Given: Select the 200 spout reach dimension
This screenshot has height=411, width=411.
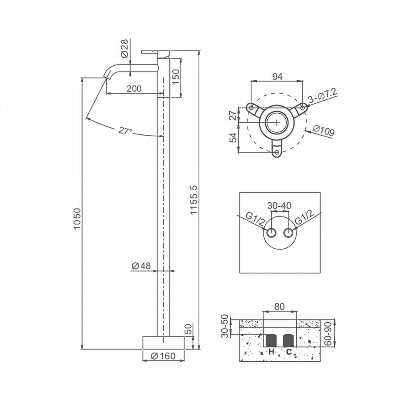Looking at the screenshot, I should (x=134, y=88).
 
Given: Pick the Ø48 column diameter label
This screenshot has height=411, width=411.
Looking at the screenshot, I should (x=141, y=266).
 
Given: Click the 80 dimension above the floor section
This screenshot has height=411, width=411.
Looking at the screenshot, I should (x=279, y=307).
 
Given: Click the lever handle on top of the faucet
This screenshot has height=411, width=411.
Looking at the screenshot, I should (x=156, y=51).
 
